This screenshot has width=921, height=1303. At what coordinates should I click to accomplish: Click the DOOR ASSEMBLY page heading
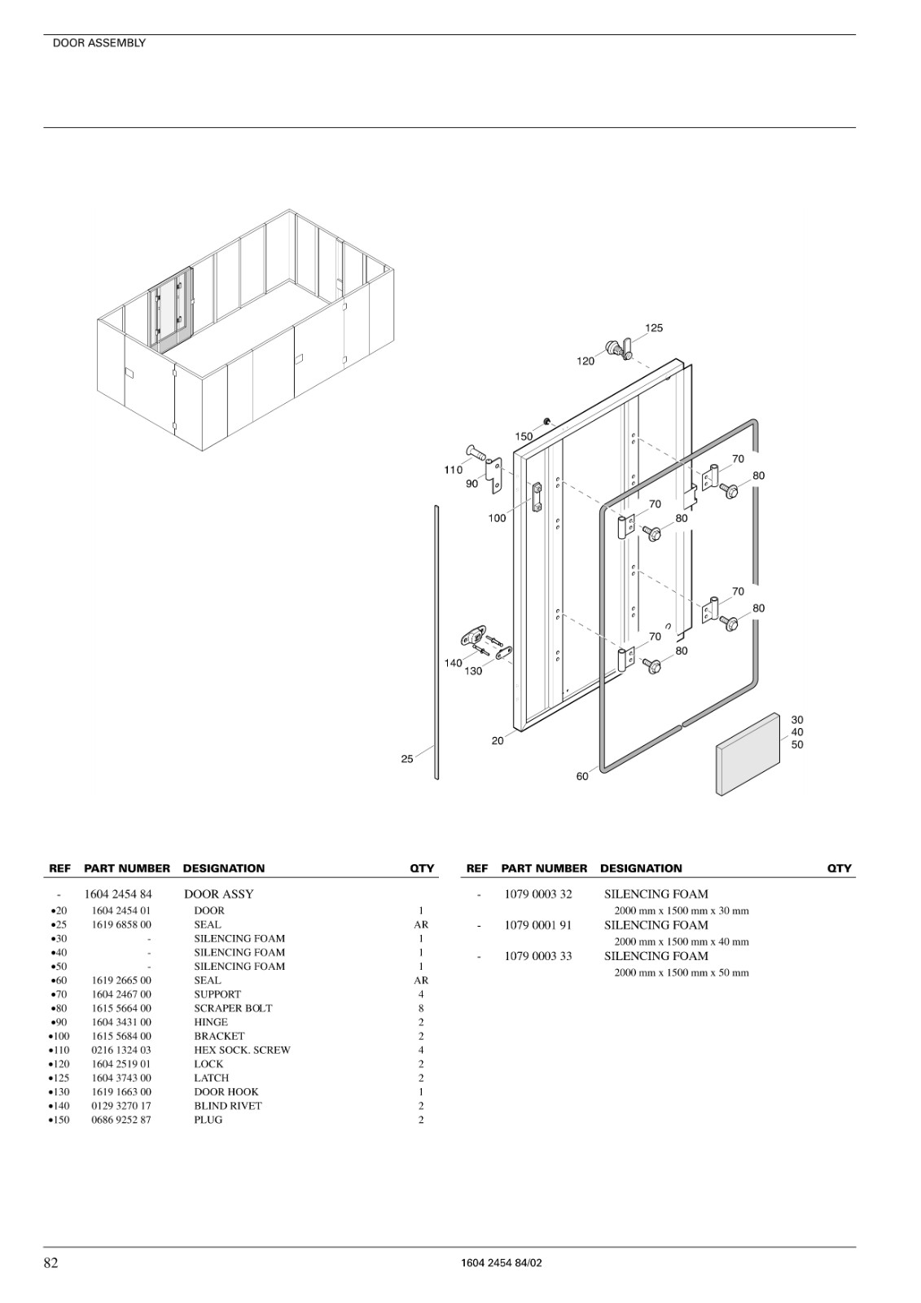point(99,43)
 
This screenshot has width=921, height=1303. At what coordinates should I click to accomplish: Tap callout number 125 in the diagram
point(654,328)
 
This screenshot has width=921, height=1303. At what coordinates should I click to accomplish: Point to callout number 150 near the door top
point(524,437)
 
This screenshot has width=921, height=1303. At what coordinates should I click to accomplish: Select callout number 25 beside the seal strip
point(407,758)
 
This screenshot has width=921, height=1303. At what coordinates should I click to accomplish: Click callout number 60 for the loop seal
point(582,777)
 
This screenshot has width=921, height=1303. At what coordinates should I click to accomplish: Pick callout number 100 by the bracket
point(497,518)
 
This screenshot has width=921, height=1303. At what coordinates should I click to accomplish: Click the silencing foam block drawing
point(748,754)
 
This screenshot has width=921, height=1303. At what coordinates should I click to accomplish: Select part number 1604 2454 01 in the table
point(121,910)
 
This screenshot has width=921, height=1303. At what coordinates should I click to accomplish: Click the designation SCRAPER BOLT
point(233,1008)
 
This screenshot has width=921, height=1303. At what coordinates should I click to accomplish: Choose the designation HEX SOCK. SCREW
point(242,1050)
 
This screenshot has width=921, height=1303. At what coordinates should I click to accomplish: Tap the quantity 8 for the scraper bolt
point(421,1008)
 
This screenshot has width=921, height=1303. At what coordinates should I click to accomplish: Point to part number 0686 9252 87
point(121,1120)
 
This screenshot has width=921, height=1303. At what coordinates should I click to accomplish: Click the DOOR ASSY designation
point(219,894)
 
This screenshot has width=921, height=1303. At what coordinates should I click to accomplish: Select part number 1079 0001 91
point(538,925)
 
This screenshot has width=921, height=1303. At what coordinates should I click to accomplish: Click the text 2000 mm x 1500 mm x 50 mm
point(682,972)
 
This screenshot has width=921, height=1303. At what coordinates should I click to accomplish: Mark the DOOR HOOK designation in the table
point(226,1092)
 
